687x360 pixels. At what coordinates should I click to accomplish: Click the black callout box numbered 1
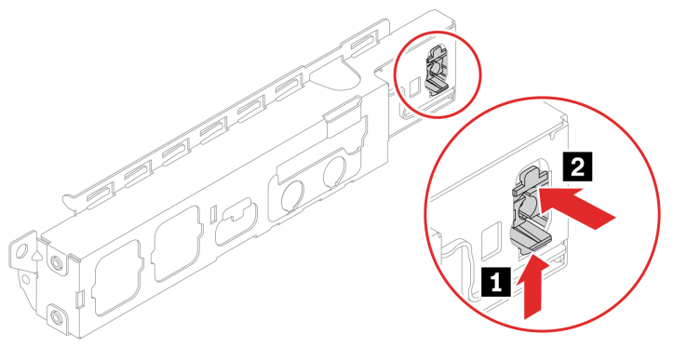[x=495, y=282]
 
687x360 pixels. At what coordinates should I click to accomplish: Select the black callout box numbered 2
[x=577, y=167]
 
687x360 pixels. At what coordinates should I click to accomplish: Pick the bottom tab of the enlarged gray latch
[x=532, y=237]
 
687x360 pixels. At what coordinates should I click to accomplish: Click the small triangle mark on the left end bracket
[x=37, y=254]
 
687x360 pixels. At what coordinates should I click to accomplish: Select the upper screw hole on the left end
[x=55, y=262]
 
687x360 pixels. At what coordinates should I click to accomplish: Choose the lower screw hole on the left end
[x=55, y=315]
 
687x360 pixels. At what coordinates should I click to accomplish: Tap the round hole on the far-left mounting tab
[x=20, y=252]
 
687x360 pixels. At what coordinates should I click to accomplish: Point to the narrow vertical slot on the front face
[x=213, y=214]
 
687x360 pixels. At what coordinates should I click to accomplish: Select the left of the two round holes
[x=292, y=194]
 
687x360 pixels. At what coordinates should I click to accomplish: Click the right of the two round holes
[x=334, y=171]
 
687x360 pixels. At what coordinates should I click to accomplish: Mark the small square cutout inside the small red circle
[x=413, y=89]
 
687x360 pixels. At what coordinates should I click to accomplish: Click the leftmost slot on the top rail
[x=101, y=193]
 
